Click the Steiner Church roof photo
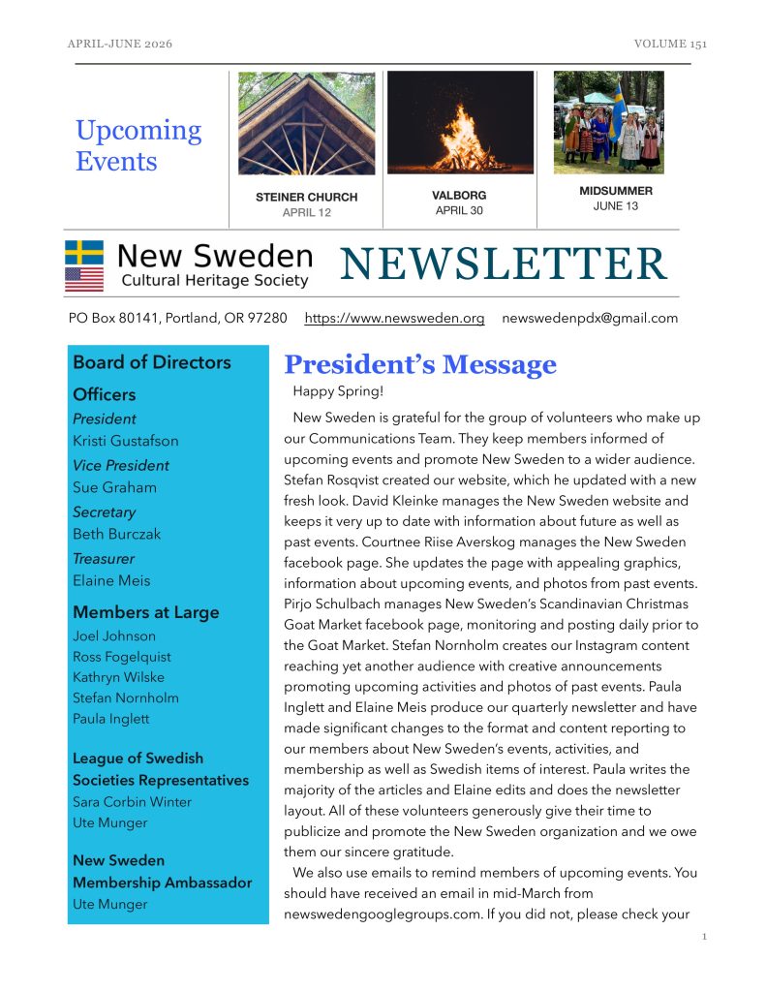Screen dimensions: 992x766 click(x=306, y=123)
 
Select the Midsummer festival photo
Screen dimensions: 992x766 click(x=609, y=122)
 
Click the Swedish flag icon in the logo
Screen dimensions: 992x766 click(x=84, y=253)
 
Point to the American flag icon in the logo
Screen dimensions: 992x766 click(x=84, y=280)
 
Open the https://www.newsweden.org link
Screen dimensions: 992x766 click(x=394, y=318)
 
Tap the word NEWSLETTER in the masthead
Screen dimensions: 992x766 click(x=503, y=264)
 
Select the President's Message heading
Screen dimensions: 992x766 click(x=419, y=364)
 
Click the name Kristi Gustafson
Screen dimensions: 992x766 click(x=126, y=441)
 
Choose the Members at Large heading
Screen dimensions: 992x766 click(x=146, y=612)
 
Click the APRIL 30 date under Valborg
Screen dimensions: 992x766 click(x=459, y=210)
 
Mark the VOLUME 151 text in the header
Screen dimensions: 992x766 click(x=670, y=45)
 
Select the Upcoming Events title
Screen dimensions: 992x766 click(x=138, y=144)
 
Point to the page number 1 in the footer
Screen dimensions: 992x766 click(x=704, y=938)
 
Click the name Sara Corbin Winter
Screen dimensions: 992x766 click(x=132, y=802)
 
